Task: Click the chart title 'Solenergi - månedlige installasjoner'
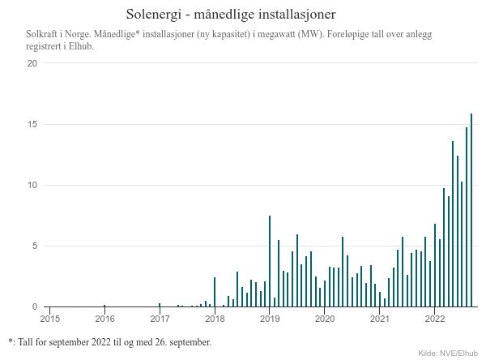[232, 15]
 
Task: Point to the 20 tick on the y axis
[32, 63]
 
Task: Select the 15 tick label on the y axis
[32, 124]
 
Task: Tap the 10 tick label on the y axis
[32, 185]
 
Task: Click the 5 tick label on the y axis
[34, 246]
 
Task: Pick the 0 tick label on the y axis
[34, 306]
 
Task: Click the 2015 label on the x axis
[49, 319]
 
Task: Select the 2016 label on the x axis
[104, 319]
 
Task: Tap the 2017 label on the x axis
[160, 319]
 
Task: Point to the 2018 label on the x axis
[215, 319]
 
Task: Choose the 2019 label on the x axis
[270, 319]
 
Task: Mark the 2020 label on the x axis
[325, 319]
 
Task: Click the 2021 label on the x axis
[380, 319]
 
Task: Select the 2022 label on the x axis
[435, 319]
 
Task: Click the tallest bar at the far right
[471, 211]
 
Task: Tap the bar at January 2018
[215, 292]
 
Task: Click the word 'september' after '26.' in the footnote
[191, 342]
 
